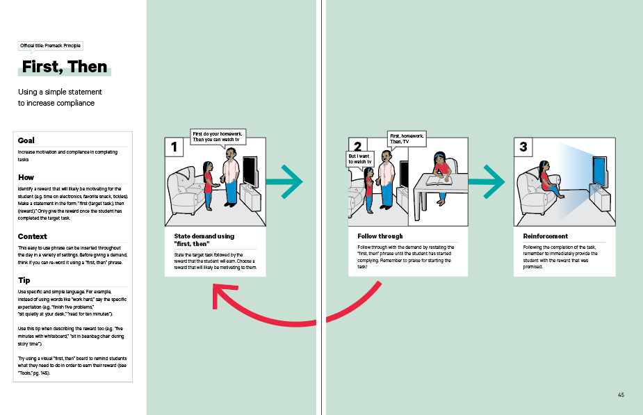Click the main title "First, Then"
pyautogui.click(x=65, y=67)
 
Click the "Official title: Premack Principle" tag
pyautogui.click(x=51, y=46)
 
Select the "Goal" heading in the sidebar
pyautogui.click(x=26, y=140)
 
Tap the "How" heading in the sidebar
pyautogui.click(x=26, y=177)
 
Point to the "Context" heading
pyautogui.click(x=33, y=236)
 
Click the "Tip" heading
pyautogui.click(x=24, y=279)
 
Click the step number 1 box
pyautogui.click(x=173, y=147)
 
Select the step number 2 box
pyautogui.click(x=357, y=147)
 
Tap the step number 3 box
pyautogui.click(x=523, y=147)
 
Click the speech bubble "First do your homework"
pyautogui.click(x=219, y=136)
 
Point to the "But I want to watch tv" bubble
pyautogui.click(x=360, y=159)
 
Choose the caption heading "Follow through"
pyautogui.click(x=380, y=236)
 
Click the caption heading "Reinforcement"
pyautogui.click(x=545, y=236)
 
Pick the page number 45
pyautogui.click(x=620, y=395)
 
